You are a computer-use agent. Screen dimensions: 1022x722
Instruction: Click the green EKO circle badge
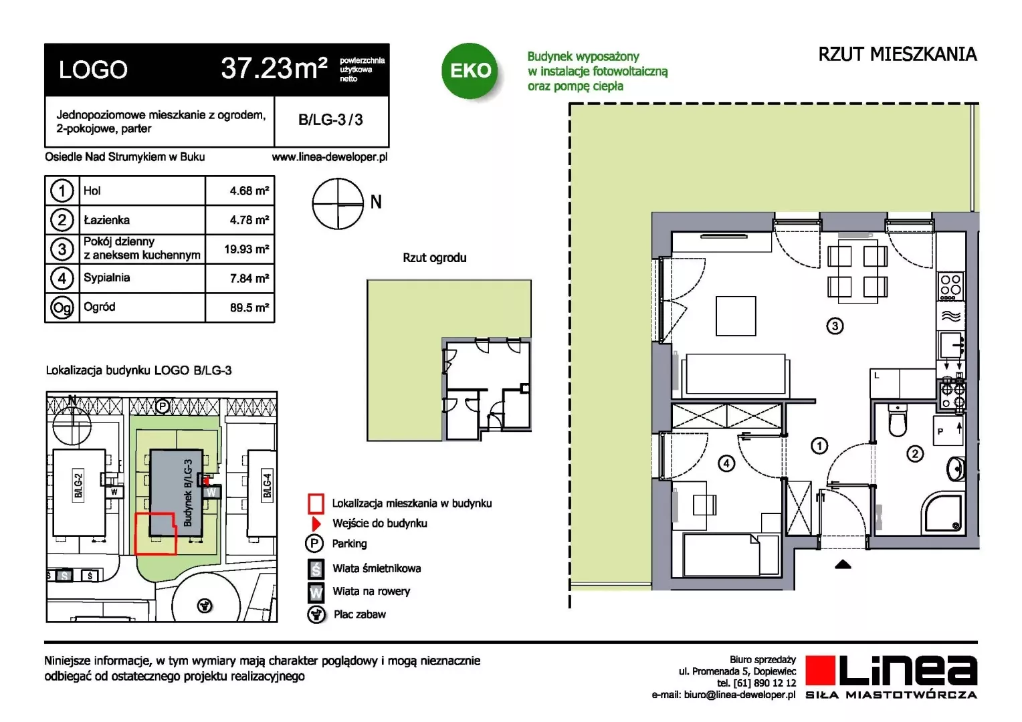(470, 70)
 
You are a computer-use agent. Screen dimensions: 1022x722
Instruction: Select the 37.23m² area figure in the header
(274, 68)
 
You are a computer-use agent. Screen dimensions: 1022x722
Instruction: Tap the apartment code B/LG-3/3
(330, 120)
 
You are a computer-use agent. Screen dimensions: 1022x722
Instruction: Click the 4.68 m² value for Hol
(249, 191)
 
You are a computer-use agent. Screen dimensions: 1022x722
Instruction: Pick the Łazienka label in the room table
(107, 220)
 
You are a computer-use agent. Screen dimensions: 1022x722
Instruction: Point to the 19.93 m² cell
(246, 249)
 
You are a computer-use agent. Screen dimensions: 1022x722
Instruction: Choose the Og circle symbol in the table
(62, 308)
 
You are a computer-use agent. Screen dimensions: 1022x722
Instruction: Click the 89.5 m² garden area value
(249, 308)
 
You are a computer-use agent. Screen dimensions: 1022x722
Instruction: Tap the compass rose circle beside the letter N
(338, 203)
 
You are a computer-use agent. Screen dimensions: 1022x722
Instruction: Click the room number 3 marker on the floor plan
(835, 326)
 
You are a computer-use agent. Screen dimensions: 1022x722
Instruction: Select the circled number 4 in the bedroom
(726, 464)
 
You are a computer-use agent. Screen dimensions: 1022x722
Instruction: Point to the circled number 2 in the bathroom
(915, 454)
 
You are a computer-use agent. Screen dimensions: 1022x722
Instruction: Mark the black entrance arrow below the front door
(843, 565)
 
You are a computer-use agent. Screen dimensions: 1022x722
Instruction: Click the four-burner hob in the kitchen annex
(950, 286)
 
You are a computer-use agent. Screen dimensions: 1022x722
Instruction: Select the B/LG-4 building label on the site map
(268, 486)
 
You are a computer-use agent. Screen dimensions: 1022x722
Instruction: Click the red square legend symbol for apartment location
(316, 503)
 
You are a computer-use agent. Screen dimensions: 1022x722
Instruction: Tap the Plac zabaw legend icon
(316, 614)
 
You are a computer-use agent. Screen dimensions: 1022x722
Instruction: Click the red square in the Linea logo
(820, 670)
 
